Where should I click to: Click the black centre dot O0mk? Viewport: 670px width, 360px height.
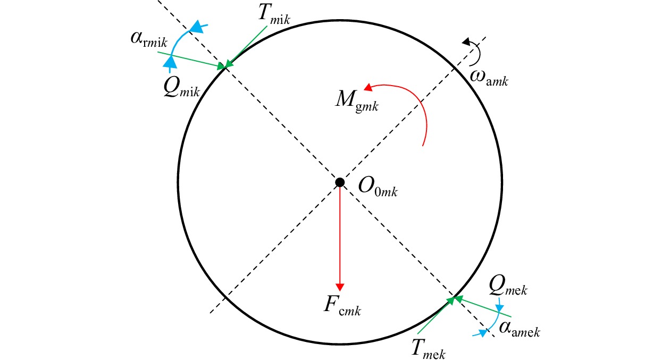click(x=340, y=182)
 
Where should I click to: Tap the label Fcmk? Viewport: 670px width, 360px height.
click(x=342, y=307)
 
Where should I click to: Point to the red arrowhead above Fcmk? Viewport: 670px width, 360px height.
click(x=340, y=287)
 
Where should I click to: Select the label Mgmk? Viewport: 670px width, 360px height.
click(x=357, y=102)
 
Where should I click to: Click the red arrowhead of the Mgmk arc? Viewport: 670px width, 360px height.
click(x=368, y=87)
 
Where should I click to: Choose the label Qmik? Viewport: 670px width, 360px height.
click(x=181, y=88)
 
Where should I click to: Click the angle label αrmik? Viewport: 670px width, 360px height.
click(x=149, y=40)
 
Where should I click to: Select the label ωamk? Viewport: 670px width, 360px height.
click(x=489, y=78)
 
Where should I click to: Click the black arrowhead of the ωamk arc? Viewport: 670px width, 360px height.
click(x=466, y=42)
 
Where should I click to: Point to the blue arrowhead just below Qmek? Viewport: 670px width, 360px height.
click(x=499, y=308)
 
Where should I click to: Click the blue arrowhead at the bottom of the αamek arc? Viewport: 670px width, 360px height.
click(x=482, y=333)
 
